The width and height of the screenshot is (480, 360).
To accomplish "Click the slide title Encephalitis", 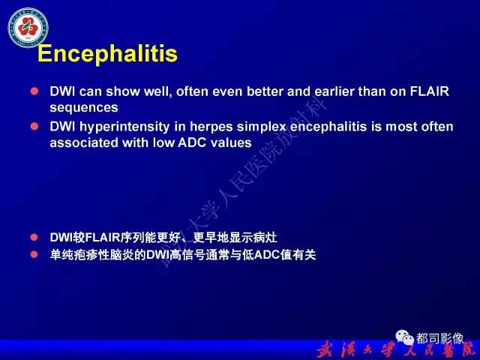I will tap(107, 54).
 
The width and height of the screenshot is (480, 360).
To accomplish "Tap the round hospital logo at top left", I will tap(28, 25).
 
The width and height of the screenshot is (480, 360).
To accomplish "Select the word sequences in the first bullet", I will tap(83, 107).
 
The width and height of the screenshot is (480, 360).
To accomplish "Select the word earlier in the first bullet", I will tap(333, 92).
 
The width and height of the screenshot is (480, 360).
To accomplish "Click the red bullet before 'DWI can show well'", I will tap(34, 91).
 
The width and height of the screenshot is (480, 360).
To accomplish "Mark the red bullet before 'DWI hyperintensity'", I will tap(34, 126).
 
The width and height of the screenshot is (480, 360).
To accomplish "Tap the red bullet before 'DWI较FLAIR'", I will tap(34, 238).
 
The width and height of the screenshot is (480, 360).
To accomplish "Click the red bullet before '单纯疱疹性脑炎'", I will tap(34, 255).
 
